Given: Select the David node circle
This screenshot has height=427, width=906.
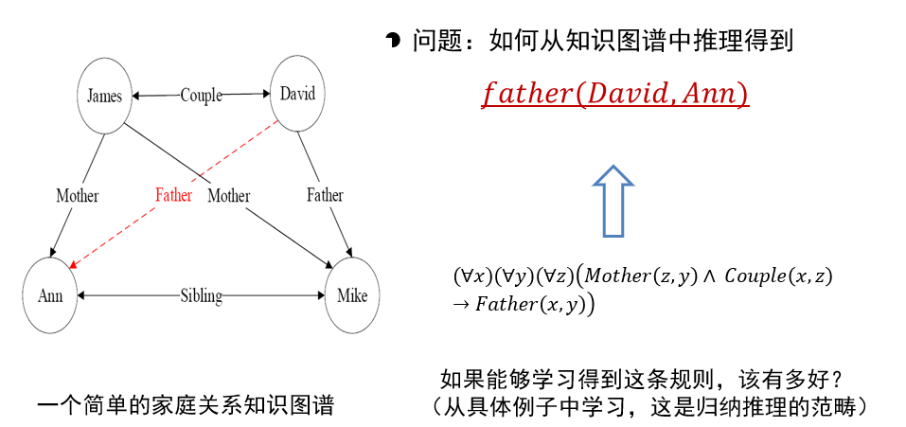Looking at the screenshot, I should click(297, 93).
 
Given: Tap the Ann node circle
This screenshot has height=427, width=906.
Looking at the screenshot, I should click(50, 295).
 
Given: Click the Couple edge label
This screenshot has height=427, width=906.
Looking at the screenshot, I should click(201, 95).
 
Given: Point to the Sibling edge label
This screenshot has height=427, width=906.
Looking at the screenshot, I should click(201, 296).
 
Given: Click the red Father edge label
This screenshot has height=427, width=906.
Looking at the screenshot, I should click(173, 195).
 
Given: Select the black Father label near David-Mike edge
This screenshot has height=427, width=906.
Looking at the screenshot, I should click(325, 195).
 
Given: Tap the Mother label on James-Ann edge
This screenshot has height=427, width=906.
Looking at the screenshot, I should click(77, 196).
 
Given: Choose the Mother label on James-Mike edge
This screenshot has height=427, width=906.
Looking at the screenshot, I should click(228, 196).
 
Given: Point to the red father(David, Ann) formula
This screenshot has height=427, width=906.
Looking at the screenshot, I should click(615, 95).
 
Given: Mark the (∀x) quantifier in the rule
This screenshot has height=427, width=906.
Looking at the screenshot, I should click(469, 276).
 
